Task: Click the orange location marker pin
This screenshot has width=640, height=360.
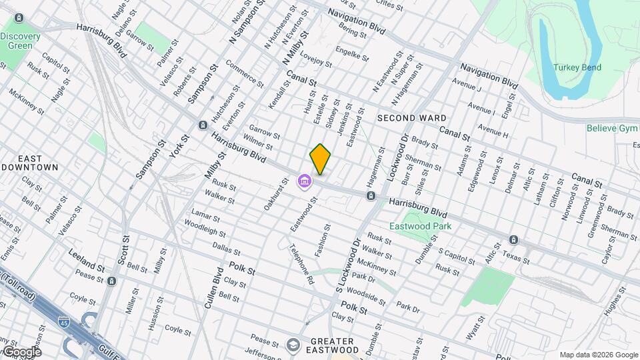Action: tap(320, 159)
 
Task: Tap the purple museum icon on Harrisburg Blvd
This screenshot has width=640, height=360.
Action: tap(305, 181)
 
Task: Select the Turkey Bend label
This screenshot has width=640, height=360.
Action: tap(577, 67)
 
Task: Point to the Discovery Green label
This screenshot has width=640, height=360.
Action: tap(20, 41)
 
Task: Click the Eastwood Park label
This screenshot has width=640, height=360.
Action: tap(421, 226)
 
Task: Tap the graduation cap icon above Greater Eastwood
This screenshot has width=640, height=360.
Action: tap(292, 345)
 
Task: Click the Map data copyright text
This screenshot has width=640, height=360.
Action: tap(598, 355)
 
